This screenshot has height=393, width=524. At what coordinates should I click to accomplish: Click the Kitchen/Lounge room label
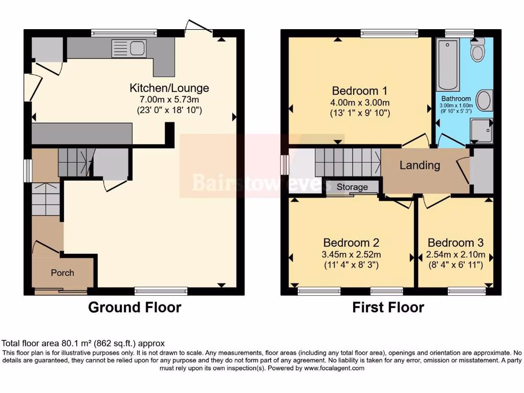169,88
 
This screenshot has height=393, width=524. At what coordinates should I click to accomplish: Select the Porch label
62,273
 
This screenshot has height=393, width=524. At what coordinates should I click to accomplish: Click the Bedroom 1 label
359,91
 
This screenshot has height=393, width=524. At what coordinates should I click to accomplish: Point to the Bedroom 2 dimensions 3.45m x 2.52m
351,254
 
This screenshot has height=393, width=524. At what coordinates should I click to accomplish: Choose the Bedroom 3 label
455,243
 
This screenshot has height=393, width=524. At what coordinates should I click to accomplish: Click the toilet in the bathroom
477,52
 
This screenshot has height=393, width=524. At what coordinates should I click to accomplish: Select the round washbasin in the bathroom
484,100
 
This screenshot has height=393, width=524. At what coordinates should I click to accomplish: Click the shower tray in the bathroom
481,131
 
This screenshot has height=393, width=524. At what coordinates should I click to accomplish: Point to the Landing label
420,165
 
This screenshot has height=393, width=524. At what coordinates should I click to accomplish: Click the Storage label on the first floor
352,187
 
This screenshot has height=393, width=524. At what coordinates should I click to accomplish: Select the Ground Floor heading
135,308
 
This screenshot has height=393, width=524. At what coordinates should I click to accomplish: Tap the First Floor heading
388,308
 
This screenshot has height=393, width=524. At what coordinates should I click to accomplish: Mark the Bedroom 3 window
466,291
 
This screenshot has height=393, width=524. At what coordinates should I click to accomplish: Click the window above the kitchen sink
124,33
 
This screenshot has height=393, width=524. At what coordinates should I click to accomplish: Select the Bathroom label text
456,99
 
